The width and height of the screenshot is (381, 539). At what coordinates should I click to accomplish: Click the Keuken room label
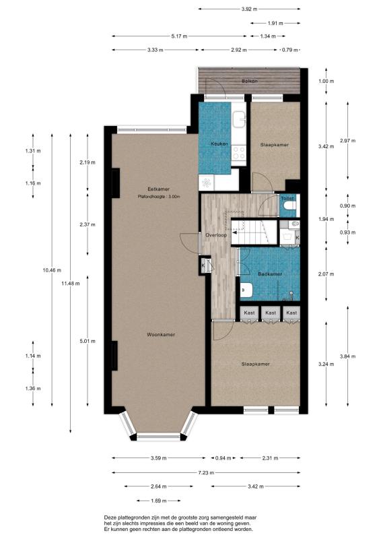click(x=219, y=144)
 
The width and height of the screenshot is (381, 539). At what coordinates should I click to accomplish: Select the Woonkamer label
click(x=161, y=334)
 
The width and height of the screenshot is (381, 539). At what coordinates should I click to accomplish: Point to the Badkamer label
click(x=270, y=274)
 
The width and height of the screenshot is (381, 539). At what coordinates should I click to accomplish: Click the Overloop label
click(x=216, y=235)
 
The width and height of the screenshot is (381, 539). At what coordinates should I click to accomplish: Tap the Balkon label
click(x=250, y=81)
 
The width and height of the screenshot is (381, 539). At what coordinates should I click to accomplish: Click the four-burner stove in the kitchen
click(x=239, y=153)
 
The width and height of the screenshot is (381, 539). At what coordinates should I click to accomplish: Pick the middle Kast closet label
click(x=271, y=313)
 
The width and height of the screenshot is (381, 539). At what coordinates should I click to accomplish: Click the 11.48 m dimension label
click(x=71, y=284)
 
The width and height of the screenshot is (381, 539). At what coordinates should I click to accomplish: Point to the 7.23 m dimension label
click(x=206, y=473)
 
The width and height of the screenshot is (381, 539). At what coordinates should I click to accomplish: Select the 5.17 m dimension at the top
click(x=179, y=36)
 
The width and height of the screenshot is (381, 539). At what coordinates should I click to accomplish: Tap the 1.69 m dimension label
click(x=158, y=501)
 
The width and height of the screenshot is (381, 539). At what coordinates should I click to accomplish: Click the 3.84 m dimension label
click(x=347, y=356)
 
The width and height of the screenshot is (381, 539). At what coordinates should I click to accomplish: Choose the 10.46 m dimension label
click(x=52, y=270)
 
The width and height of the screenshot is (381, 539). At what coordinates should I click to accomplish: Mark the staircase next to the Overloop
click(x=254, y=232)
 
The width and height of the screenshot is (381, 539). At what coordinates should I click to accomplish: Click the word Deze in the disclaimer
click(x=110, y=517)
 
